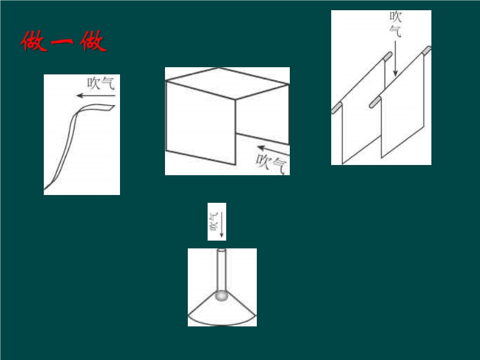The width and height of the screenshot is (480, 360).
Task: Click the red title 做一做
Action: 64,41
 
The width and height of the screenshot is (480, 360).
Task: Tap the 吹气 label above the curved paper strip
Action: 101,83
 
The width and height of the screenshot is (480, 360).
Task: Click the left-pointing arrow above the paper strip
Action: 96,96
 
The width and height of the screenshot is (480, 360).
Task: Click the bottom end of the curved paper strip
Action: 46,187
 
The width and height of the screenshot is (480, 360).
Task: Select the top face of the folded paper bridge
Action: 227,83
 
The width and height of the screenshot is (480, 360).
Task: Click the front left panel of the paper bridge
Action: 201,123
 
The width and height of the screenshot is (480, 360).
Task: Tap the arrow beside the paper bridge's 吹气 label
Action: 274,151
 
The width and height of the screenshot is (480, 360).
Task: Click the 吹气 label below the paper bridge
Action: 272,163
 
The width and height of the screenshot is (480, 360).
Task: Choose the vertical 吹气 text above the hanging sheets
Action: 395,24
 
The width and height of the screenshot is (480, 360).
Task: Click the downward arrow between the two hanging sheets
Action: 395,58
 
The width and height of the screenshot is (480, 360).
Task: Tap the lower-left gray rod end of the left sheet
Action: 337,109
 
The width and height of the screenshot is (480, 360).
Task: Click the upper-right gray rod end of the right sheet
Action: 427,50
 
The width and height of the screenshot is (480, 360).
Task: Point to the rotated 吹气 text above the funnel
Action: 214,221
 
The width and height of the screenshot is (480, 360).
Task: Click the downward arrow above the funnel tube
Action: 221,224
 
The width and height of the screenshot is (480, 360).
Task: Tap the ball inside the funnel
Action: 221,296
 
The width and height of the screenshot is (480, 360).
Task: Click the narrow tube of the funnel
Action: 221,271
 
